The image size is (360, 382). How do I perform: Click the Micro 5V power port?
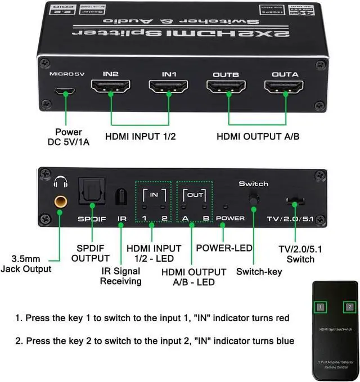coord(67,91)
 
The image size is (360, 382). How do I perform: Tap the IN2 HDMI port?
coord(110,89)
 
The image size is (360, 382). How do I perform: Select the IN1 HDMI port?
coord(168,89)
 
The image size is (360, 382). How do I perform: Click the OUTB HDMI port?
coord(226,89)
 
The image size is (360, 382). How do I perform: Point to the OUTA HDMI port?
coord(285,89)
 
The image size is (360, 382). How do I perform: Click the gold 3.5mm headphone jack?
coord(58,201)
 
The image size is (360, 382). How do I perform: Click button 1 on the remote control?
coord(319,307)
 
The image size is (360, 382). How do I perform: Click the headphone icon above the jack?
coord(58,182)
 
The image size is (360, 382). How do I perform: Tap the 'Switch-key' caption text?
coord(259,272)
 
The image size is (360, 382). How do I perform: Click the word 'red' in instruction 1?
coord(281,318)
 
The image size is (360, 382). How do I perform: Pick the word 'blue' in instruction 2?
coord(284,341)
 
